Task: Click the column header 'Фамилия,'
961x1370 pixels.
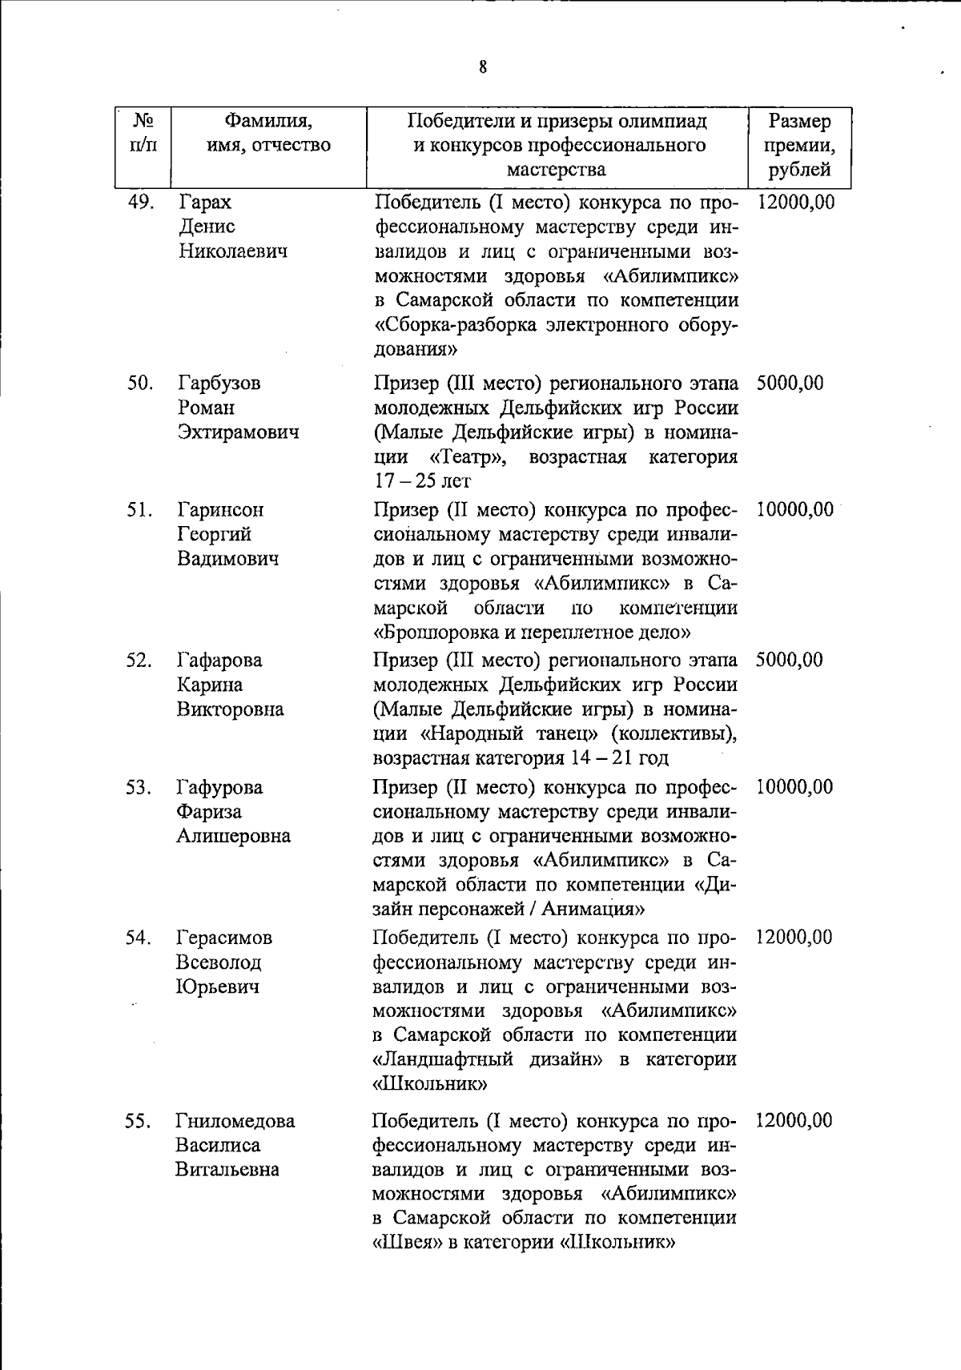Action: click(267, 122)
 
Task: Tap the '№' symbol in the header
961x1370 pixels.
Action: click(143, 121)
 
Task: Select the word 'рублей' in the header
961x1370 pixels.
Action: click(799, 170)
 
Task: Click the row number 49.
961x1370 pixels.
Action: click(141, 202)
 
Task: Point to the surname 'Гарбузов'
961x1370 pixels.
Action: click(219, 383)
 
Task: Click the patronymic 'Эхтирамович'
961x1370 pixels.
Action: click(238, 432)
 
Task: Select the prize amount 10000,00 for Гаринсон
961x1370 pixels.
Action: click(794, 509)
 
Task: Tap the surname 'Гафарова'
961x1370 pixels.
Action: click(219, 661)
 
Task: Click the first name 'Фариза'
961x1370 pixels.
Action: click(209, 812)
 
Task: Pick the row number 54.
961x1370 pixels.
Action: click(139, 938)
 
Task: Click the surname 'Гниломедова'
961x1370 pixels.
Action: click(235, 1121)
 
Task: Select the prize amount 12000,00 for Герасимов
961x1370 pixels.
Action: click(794, 938)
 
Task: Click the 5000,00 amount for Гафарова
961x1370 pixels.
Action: click(789, 661)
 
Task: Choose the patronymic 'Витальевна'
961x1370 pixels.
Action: click(227, 1170)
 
